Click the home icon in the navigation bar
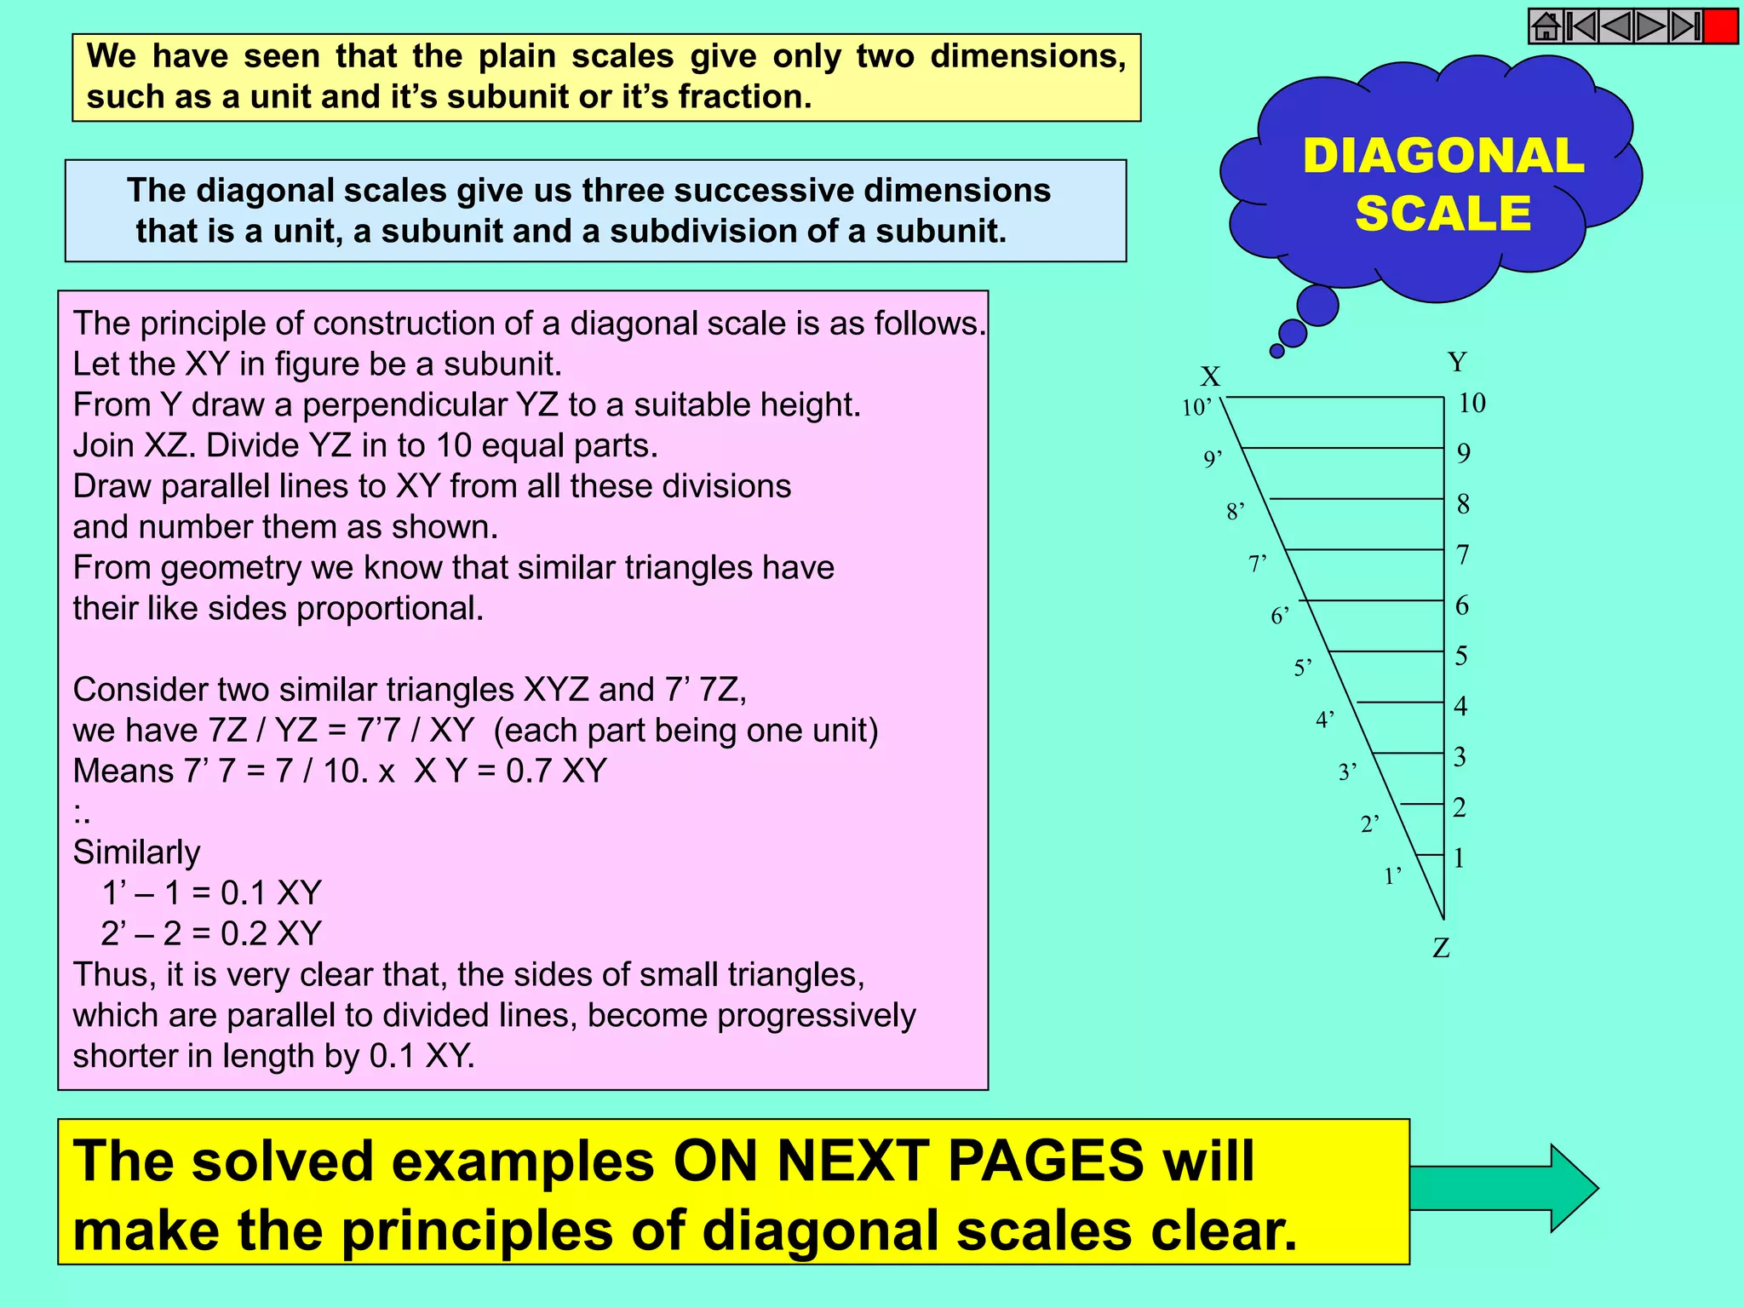pyautogui.click(x=1546, y=26)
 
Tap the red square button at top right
pyautogui.click(x=1721, y=26)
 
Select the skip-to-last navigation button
pyautogui.click(x=1685, y=26)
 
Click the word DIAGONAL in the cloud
pyautogui.click(x=1443, y=157)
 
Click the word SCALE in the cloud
pyautogui.click(x=1443, y=213)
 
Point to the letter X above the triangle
pyautogui.click(x=1210, y=376)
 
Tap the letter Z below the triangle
pyautogui.click(x=1441, y=948)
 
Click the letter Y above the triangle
pyautogui.click(x=1457, y=362)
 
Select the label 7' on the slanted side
pyautogui.click(x=1258, y=564)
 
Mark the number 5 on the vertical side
pyautogui.click(x=1461, y=656)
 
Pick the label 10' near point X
pyautogui.click(x=1196, y=408)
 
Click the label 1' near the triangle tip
pyautogui.click(x=1392, y=875)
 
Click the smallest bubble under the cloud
pyautogui.click(x=1276, y=351)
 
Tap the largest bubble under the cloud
pyautogui.click(x=1317, y=306)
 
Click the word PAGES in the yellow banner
pyautogui.click(x=1045, y=1161)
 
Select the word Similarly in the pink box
pyautogui.click(x=136, y=852)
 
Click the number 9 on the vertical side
pyautogui.click(x=1464, y=453)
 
